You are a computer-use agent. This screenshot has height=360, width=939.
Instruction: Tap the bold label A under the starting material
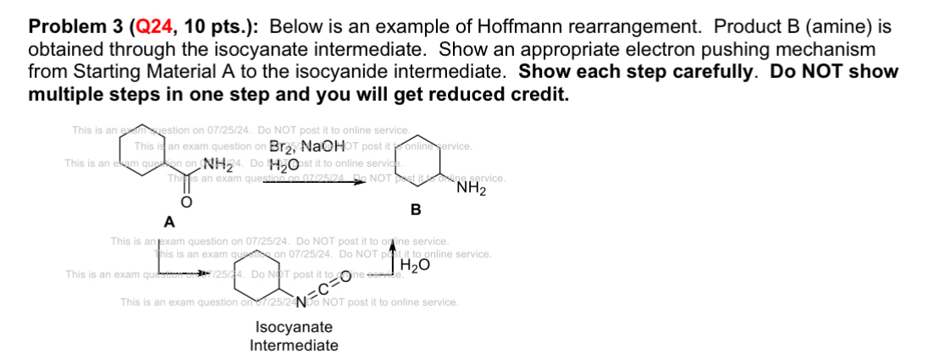168,223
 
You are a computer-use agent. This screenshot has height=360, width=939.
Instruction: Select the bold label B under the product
416,208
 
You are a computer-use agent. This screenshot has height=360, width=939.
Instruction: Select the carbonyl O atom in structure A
179,204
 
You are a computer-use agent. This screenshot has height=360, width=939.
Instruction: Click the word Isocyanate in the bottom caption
294,328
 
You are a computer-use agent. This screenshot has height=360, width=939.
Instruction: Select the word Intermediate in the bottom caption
294,346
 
